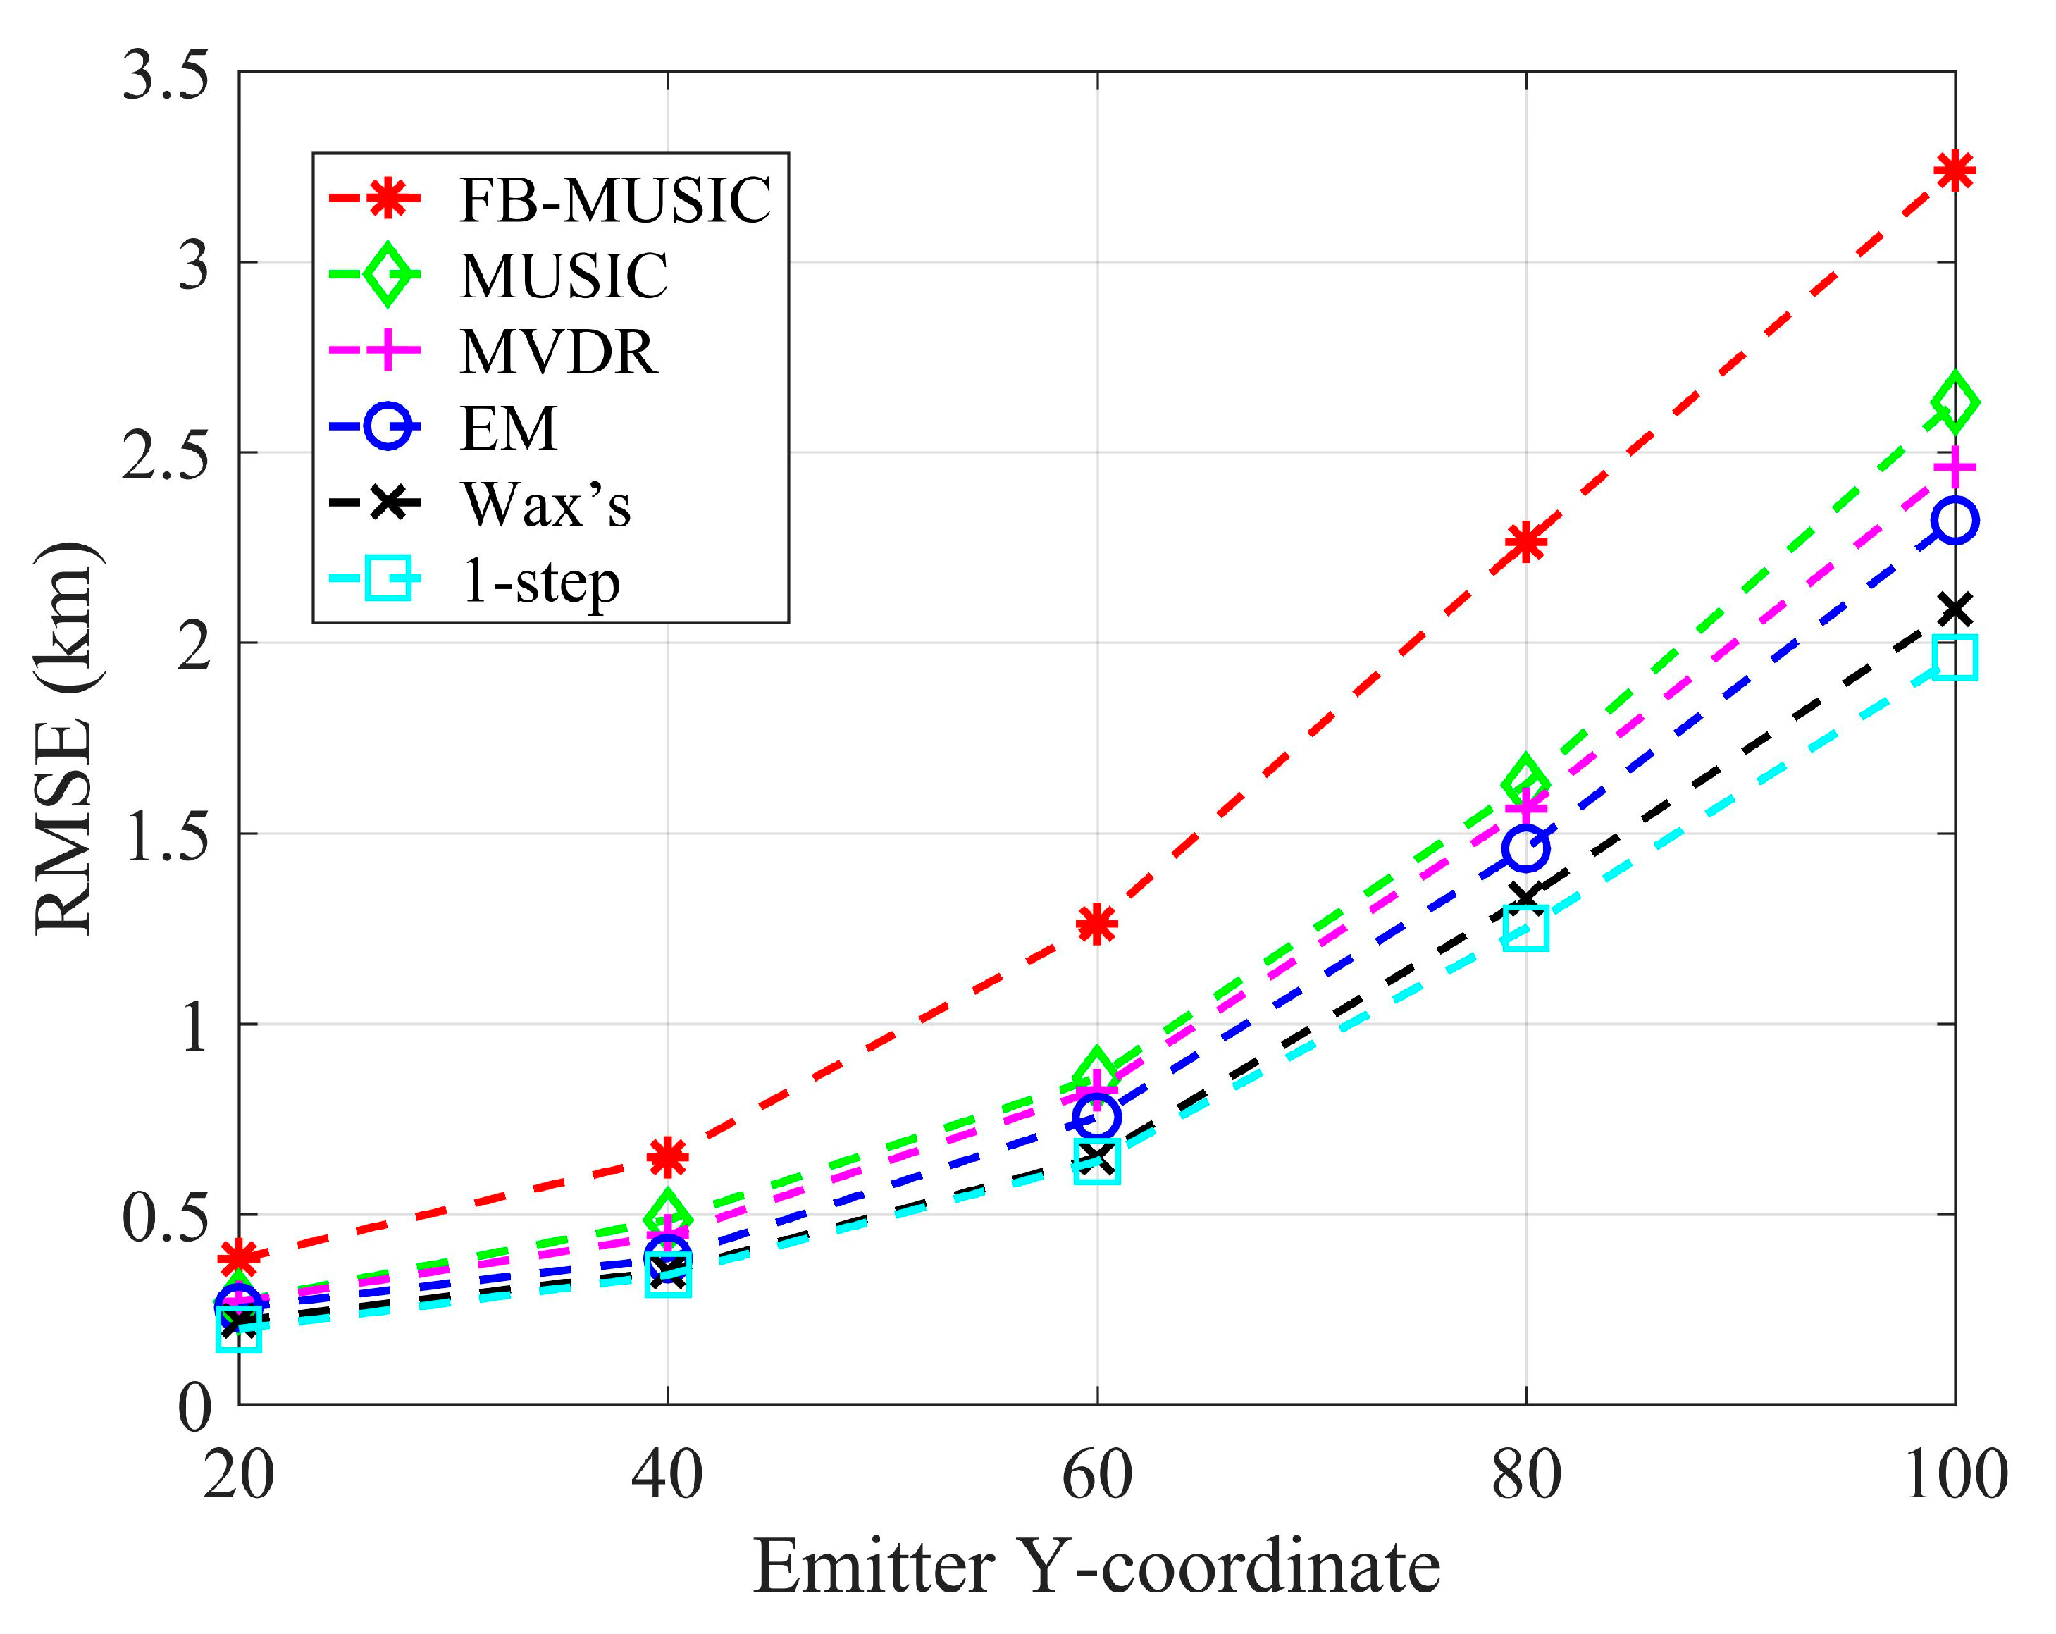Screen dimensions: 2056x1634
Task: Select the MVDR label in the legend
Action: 559,352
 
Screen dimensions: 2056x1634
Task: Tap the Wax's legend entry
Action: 545,505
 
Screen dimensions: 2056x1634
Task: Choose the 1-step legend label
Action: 540,581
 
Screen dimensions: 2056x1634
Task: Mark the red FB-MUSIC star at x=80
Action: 1525,543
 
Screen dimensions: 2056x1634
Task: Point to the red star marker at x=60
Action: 1096,923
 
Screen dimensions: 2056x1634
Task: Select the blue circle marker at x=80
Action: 1525,848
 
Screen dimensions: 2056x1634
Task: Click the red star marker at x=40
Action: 667,1157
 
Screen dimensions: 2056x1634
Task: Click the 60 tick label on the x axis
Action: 1096,1475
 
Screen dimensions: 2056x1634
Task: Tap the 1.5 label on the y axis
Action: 165,838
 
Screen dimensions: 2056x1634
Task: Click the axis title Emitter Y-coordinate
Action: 1096,1567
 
